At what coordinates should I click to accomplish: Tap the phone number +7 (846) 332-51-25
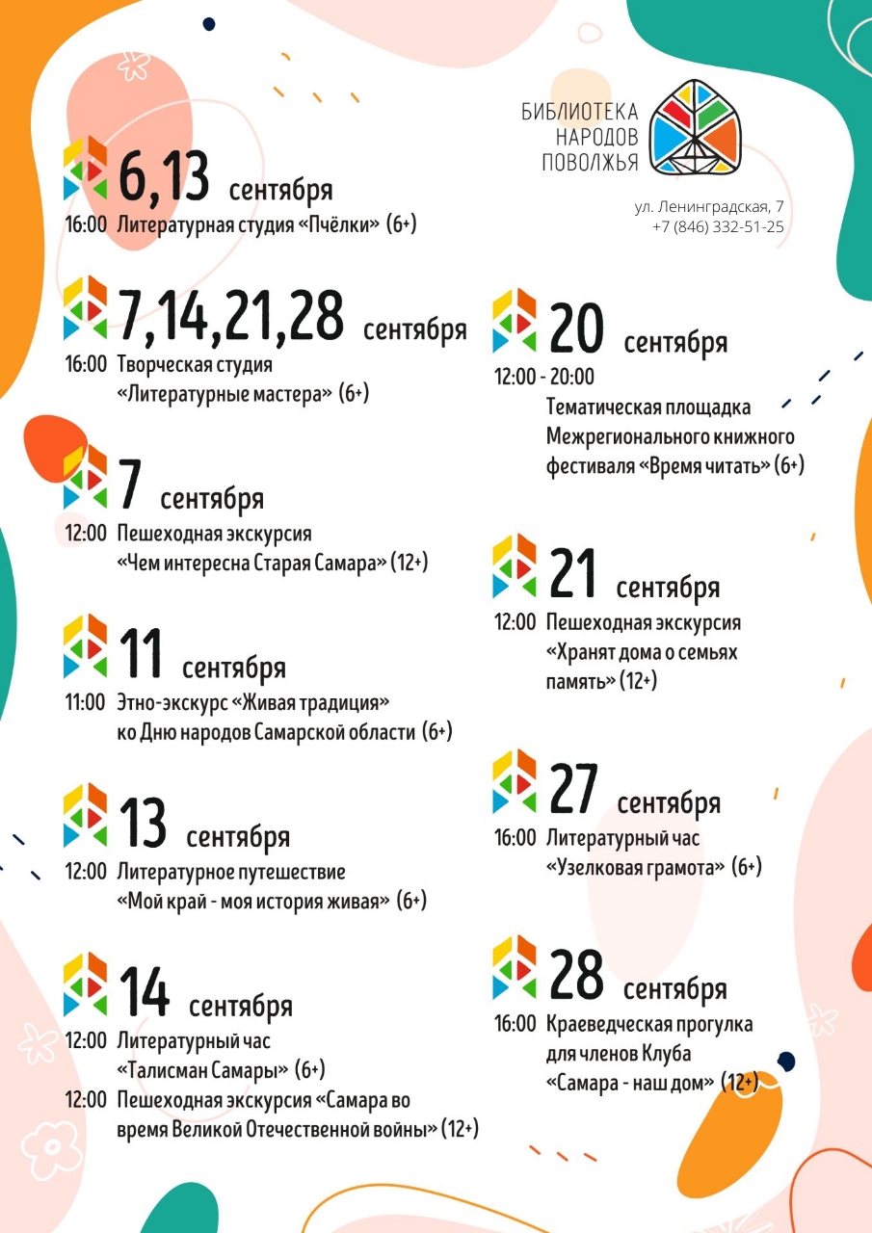point(718,227)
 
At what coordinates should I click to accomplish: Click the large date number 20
point(576,328)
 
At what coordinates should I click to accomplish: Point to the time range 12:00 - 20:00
point(544,377)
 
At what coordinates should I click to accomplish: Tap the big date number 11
point(142,652)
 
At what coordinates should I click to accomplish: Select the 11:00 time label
point(85,702)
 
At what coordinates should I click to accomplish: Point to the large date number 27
point(574,788)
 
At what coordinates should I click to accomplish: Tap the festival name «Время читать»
point(704,466)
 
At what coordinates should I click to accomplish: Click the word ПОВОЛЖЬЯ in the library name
point(590,163)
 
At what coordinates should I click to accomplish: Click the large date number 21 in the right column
point(573,572)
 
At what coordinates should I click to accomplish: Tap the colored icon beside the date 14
point(85,985)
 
